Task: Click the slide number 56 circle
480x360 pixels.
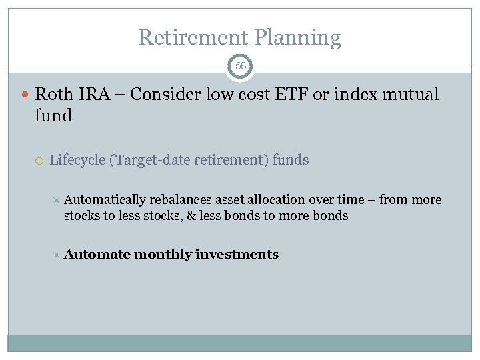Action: coord(240,67)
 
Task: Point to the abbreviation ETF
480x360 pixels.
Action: coord(289,95)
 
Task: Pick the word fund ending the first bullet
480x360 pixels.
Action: coord(53,115)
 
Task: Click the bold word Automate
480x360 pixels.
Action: coord(97,255)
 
